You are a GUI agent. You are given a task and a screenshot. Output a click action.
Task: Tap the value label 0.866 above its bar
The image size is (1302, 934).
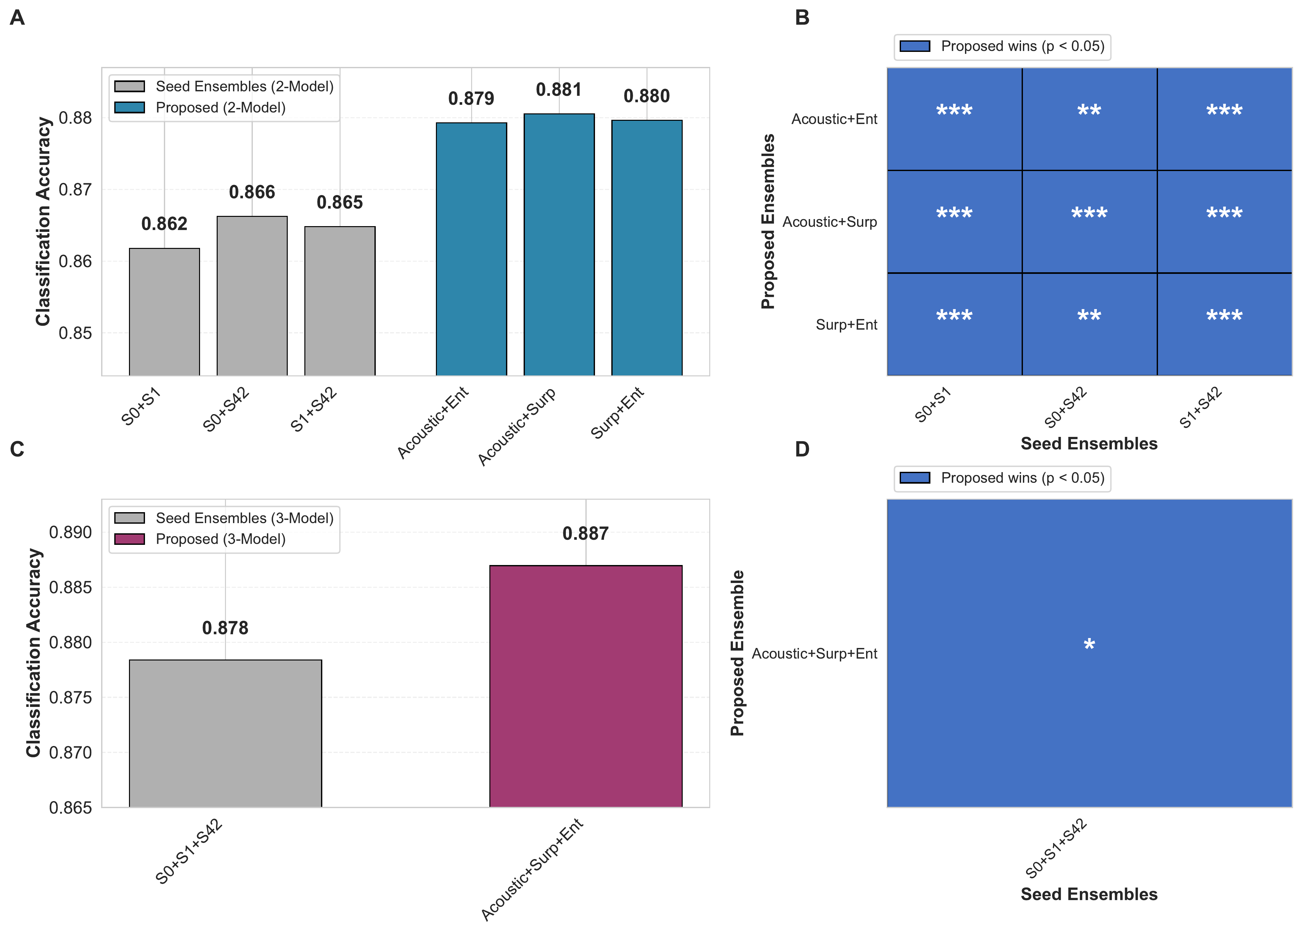[x=252, y=192]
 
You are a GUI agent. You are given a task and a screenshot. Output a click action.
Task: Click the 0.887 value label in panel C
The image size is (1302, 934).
[x=586, y=534]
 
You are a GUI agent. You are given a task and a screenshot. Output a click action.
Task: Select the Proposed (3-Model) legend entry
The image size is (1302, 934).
[x=221, y=539]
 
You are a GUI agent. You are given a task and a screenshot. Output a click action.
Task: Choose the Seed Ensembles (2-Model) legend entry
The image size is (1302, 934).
[x=244, y=86]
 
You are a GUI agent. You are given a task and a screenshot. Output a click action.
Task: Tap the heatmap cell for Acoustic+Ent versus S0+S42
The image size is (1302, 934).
[x=1089, y=119]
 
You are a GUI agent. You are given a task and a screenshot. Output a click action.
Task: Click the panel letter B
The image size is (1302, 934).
[x=802, y=18]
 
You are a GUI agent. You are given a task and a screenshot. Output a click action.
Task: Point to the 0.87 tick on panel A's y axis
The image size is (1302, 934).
[x=75, y=190]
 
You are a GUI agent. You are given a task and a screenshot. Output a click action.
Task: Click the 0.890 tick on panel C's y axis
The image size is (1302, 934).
[x=70, y=532]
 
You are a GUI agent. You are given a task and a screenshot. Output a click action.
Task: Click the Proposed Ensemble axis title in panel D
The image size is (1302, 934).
[x=737, y=653]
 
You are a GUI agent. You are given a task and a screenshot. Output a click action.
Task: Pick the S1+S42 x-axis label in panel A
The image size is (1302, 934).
[x=313, y=409]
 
